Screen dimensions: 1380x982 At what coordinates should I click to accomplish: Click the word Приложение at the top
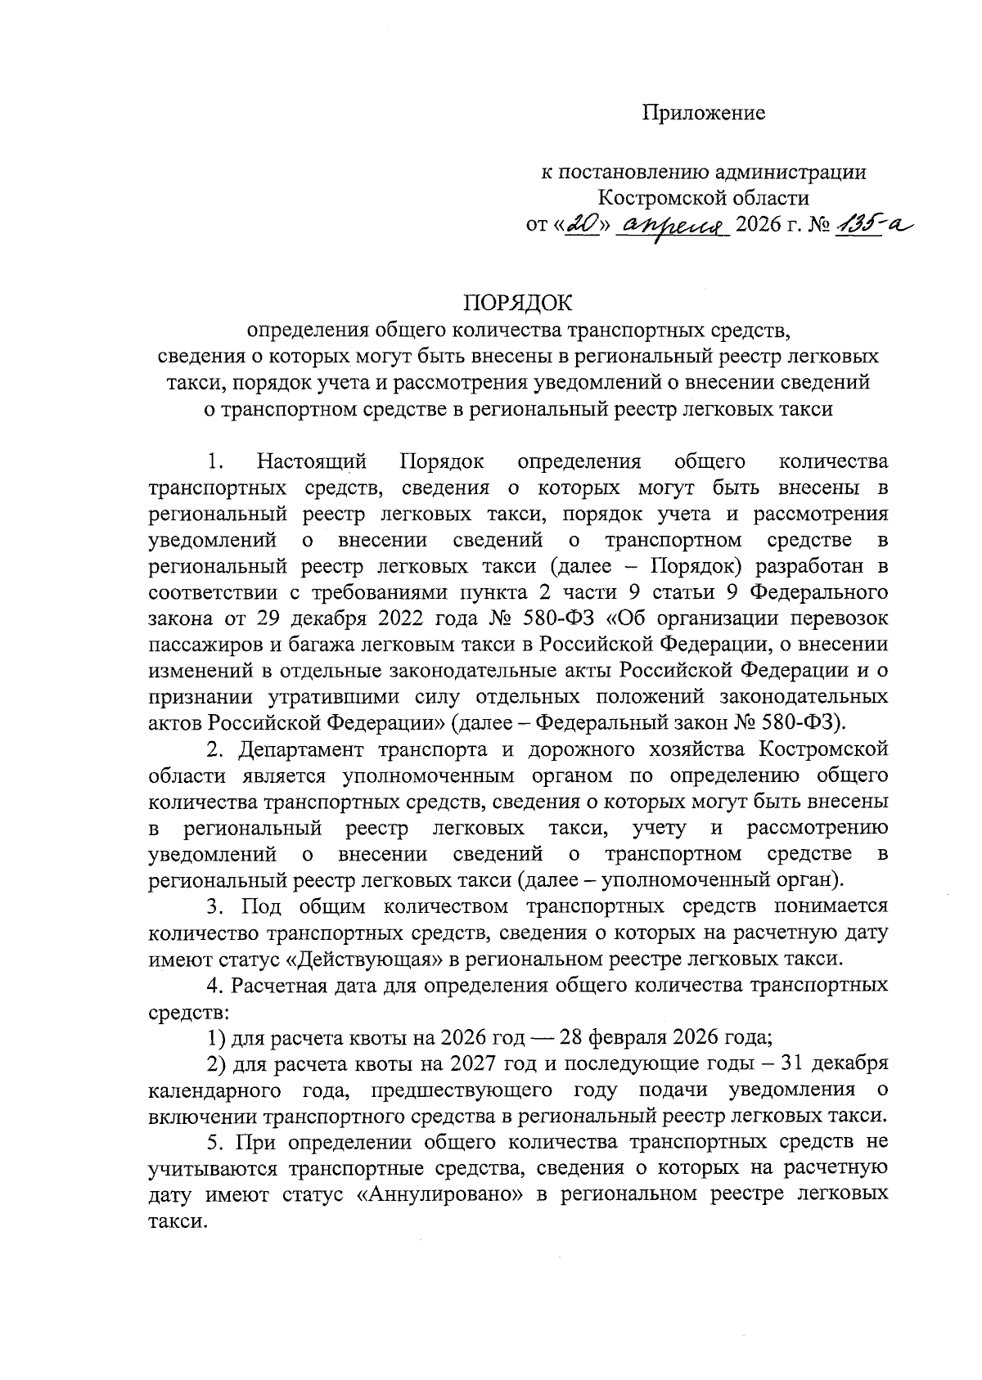point(703,114)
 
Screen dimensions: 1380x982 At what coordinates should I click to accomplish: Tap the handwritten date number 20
point(583,223)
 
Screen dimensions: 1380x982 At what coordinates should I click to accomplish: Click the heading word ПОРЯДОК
point(518,303)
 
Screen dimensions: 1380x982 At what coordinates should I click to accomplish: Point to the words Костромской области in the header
point(703,198)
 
